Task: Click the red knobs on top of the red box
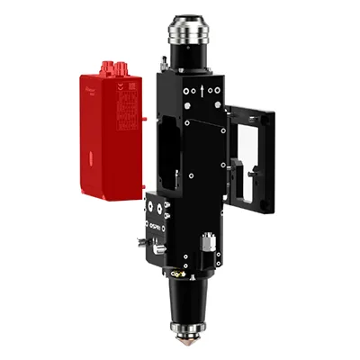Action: [x=112, y=67]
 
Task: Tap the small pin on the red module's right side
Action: [x=143, y=117]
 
